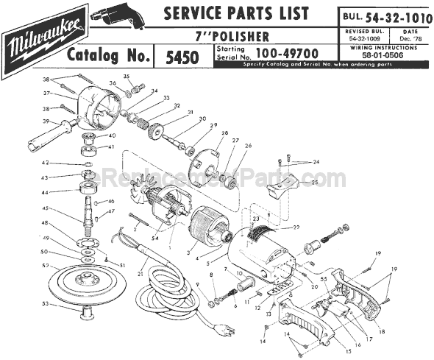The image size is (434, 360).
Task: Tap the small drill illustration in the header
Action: click(117, 16)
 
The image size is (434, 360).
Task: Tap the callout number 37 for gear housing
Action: click(45, 93)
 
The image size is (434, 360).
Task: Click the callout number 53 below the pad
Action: click(45, 303)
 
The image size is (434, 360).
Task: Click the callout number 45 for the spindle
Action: click(45, 208)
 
